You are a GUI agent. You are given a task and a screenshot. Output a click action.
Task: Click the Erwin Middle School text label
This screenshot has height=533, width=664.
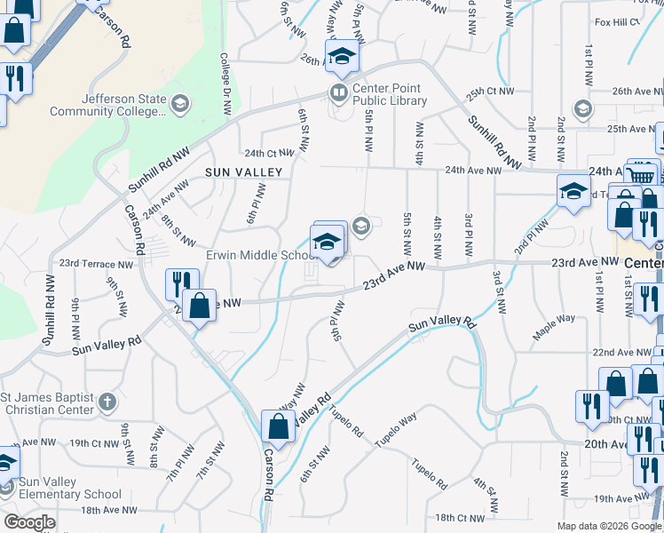point(257,255)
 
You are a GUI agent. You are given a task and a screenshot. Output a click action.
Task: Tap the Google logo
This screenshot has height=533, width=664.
point(29,522)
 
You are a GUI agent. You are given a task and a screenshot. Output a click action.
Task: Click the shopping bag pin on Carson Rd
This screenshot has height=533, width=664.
point(278,426)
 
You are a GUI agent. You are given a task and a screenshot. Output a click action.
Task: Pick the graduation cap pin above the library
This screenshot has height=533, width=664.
point(341,58)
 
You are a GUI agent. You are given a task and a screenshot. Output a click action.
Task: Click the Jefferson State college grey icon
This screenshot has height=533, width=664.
point(180,105)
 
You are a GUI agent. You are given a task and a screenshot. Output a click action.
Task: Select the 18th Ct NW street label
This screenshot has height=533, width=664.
point(459,517)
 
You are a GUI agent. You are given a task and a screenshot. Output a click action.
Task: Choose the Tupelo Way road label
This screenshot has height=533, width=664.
point(396,430)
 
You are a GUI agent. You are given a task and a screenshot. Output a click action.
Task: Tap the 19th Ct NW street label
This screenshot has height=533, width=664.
point(94,442)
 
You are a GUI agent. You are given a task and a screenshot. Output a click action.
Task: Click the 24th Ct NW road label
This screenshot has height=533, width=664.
point(268,153)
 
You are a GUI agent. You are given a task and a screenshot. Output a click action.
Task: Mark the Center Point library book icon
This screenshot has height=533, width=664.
point(338,91)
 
